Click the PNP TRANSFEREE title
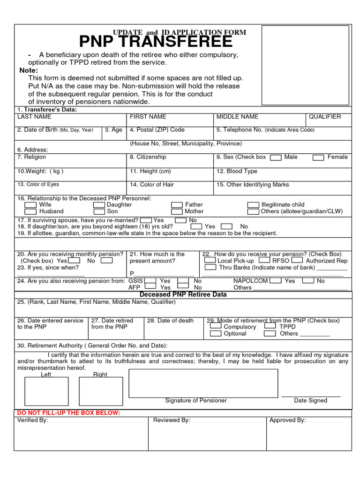click(156, 42)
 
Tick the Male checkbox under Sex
click(277, 158)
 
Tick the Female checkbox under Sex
click(318, 158)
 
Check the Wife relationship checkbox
click(30, 205)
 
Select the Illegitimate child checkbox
click(253, 205)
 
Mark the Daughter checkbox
click(98, 205)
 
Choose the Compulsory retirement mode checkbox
click(216, 326)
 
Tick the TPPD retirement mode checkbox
click(270, 326)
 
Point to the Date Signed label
click(310, 400)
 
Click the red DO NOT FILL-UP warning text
click(69, 412)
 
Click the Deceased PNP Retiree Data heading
click(183, 295)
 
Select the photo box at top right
click(305, 65)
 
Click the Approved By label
click(287, 420)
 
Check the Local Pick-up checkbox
click(210, 260)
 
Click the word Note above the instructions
click(29, 70)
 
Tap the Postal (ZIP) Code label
click(157, 130)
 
